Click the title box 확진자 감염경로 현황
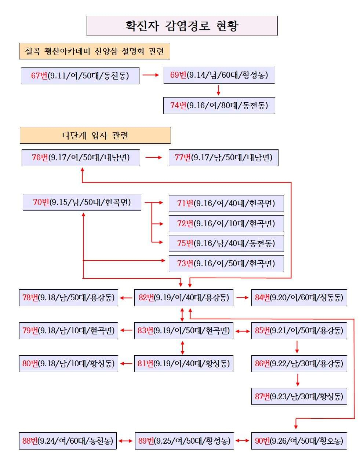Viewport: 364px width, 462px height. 182,26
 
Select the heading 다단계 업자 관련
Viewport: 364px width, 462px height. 95,135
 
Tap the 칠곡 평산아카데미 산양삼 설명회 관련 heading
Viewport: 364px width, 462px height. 95,51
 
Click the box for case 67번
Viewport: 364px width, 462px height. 80,76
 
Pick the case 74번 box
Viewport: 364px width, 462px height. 219,105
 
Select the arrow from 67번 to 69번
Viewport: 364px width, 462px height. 151,75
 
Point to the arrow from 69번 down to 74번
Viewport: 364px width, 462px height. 219,90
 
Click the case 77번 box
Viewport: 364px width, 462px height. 223,158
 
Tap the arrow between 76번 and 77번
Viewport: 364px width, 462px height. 153,157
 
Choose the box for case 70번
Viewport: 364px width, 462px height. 82,202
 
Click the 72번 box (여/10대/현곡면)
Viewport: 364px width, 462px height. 226,224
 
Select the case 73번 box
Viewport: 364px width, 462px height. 226,263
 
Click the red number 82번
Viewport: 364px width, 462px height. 146,298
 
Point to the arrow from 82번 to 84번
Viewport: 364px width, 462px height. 243,298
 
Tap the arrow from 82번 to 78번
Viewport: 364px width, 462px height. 126,298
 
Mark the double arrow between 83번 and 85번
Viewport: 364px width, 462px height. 243,331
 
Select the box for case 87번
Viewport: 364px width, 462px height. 299,396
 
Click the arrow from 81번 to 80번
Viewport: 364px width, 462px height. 126,363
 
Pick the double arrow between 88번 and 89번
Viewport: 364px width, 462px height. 125,441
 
